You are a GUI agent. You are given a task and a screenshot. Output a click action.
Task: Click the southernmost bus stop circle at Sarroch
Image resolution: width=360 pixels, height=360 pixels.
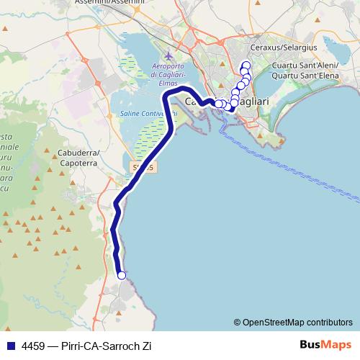point(122,275)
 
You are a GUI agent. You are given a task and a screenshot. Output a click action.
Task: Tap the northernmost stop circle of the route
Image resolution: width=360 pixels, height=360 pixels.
point(246,66)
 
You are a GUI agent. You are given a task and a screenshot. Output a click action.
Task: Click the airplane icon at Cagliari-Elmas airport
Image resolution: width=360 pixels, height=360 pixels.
point(168,56)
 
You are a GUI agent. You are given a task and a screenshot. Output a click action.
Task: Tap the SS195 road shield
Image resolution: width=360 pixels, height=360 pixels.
point(143,167)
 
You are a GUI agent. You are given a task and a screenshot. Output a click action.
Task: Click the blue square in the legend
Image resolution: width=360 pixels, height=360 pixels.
point(10,345)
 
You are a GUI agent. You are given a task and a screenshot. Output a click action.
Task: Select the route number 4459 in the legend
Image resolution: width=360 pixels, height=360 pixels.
point(34,345)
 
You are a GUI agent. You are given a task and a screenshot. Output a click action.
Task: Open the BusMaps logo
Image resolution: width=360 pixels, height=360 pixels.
point(324,344)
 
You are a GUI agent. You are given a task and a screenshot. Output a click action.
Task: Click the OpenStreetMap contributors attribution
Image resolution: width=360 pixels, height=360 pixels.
point(297,322)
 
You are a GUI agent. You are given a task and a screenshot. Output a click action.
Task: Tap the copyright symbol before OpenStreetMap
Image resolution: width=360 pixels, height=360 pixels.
point(237,322)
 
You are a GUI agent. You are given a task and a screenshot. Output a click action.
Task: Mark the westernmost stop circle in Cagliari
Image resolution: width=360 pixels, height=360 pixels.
point(219,104)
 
